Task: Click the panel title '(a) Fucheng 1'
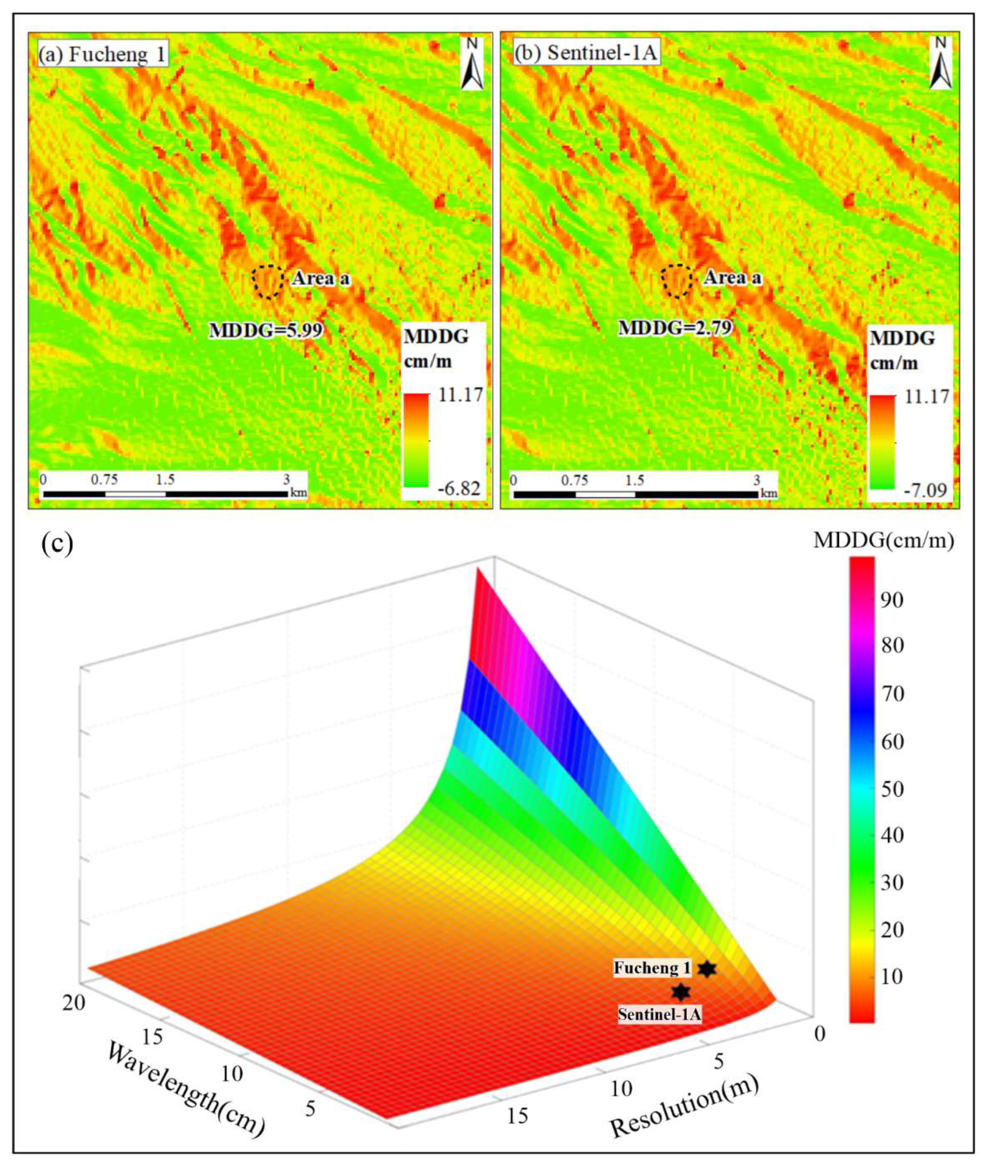point(102,55)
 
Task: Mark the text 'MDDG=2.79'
point(675,328)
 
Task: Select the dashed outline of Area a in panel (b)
point(677,280)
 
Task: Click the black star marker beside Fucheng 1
point(707,969)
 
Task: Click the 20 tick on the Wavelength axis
point(74,1003)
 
